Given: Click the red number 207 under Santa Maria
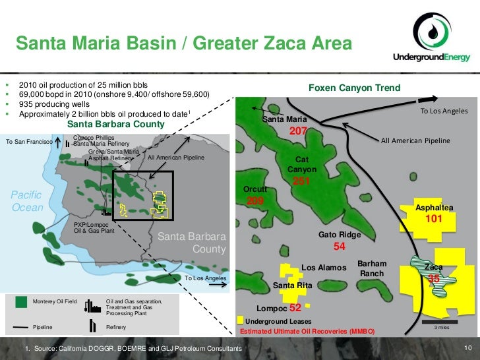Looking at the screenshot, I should [x=299, y=133].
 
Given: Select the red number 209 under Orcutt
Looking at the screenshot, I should [x=255, y=200].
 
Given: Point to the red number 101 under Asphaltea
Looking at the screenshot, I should [x=433, y=218].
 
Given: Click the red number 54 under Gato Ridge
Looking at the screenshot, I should [x=340, y=247].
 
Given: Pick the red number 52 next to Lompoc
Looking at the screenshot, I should [x=295, y=308].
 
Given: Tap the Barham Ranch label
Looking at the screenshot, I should [x=371, y=268].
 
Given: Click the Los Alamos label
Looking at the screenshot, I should [x=324, y=268].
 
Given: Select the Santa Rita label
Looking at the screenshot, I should [x=293, y=285].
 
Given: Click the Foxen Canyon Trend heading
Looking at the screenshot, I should [x=354, y=88].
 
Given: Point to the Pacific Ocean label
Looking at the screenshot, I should [x=27, y=201].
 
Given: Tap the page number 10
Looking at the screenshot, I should [x=469, y=347].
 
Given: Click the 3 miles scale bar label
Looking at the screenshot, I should [x=441, y=327].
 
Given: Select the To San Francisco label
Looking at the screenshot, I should [x=30, y=142].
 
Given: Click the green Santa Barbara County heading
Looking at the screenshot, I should [x=116, y=124].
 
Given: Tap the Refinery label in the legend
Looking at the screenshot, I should [x=117, y=327].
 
